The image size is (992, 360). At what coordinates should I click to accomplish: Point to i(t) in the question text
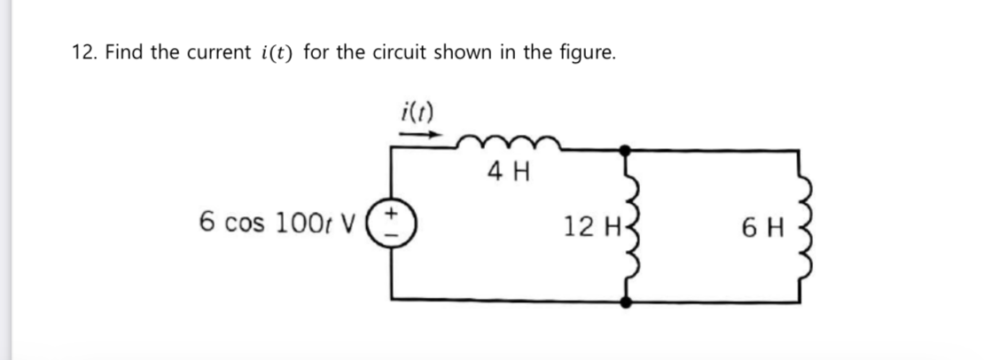click(277, 52)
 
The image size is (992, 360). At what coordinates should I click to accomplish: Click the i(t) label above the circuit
click(418, 113)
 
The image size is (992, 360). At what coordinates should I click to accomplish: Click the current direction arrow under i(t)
click(418, 135)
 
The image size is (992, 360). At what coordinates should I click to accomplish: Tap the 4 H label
click(508, 172)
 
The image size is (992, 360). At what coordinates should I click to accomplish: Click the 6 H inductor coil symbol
click(803, 225)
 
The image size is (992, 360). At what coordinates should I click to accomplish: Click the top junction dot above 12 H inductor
click(628, 150)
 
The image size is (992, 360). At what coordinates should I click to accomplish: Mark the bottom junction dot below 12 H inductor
click(628, 301)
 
